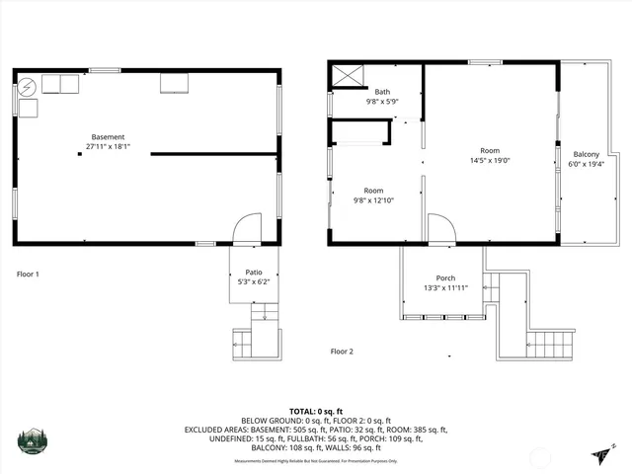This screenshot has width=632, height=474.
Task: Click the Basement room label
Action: pos(108,137)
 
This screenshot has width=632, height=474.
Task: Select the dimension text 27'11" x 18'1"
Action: pos(108,147)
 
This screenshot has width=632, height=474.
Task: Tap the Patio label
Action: pos(254,272)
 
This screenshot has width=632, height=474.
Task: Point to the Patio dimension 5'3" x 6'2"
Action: pos(254,281)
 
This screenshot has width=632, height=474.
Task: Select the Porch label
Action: pos(445,278)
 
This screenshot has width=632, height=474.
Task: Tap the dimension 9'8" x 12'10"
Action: pos(373,200)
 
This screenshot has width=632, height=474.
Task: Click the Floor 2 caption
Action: pos(342,351)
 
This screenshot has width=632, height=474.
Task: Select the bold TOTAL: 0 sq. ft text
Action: pos(315,411)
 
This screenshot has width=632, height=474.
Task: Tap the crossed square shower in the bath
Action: pos(347,75)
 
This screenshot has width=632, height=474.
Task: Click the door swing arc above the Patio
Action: pos(245,230)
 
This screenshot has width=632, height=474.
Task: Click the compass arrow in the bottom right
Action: pos(601,452)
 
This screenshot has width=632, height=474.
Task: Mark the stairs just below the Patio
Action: pos(260,313)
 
